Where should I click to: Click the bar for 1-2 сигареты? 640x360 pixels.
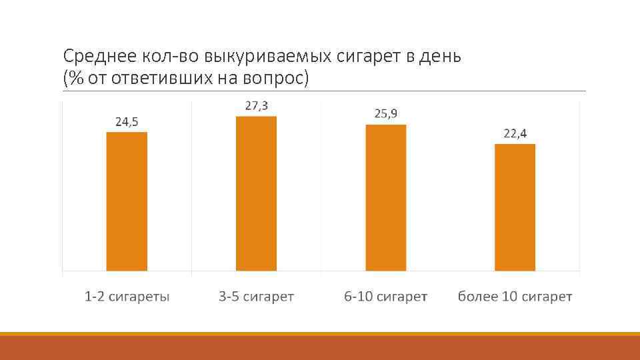pyautogui.click(x=127, y=201)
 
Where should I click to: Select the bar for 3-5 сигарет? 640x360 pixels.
pyautogui.click(x=256, y=193)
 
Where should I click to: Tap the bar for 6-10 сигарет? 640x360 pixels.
pyautogui.click(x=385, y=197)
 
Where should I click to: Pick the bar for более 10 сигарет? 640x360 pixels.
pyautogui.click(x=515, y=207)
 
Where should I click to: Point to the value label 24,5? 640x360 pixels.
pyautogui.click(x=127, y=122)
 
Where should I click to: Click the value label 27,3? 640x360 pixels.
pyautogui.click(x=256, y=106)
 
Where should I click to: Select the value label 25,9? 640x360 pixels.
pyautogui.click(x=385, y=114)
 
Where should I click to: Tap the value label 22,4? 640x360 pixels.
pyautogui.click(x=515, y=133)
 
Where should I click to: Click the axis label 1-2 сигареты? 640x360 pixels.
pyautogui.click(x=127, y=297)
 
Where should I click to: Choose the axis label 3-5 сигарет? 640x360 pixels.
pyautogui.click(x=256, y=297)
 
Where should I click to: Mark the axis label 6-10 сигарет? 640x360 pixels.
pyautogui.click(x=385, y=297)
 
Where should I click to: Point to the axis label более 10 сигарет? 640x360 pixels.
pyautogui.click(x=515, y=297)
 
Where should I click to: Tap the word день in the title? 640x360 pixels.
pyautogui.click(x=441, y=57)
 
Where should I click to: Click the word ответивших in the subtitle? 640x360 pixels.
pyautogui.click(x=160, y=79)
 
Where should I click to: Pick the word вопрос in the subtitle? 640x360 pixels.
pyautogui.click(x=274, y=79)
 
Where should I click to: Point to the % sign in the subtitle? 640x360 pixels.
pyautogui.click(x=75, y=79)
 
